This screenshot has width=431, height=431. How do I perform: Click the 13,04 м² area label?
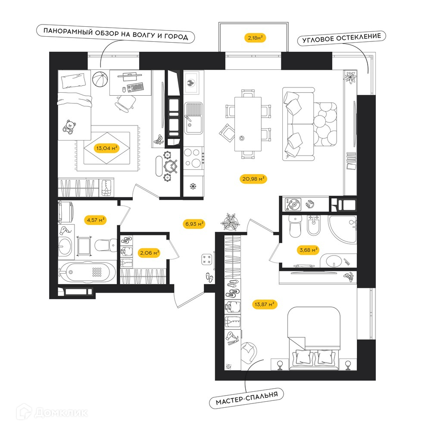[107, 148]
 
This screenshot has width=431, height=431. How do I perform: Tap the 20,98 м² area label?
[253, 179]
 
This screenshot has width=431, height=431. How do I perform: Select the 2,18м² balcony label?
[255, 37]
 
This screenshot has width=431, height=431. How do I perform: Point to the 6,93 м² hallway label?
[194, 224]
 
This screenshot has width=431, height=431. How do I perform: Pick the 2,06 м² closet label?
[150, 253]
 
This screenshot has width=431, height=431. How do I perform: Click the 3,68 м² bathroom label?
[309, 250]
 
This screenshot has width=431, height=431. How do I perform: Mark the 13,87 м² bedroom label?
[265, 305]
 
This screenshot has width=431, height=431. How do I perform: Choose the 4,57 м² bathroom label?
[95, 220]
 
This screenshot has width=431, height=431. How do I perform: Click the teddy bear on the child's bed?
[69, 127]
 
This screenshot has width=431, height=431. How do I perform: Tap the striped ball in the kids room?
[100, 79]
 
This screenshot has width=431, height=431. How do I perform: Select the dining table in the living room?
[248, 124]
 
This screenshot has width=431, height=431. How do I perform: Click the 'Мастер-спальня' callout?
[247, 398]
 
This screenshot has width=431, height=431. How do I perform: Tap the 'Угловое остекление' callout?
[342, 38]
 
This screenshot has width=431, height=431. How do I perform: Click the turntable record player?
[293, 204]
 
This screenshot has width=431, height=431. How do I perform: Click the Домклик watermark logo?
[52, 412]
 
